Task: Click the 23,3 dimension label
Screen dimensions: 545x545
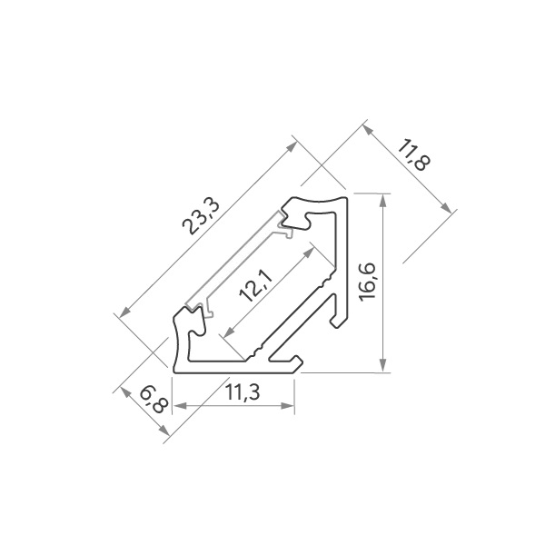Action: click(202, 217)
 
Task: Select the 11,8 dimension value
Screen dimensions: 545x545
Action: click(413, 155)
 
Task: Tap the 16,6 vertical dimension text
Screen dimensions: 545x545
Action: click(367, 282)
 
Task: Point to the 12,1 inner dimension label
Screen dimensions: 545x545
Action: click(256, 286)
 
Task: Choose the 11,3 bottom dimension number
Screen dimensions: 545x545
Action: click(243, 392)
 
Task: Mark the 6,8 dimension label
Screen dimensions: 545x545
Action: click(154, 400)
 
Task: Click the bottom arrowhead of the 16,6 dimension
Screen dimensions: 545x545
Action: click(382, 365)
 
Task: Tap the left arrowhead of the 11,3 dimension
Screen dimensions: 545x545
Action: click(180, 406)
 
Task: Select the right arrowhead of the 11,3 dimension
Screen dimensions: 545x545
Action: click(288, 406)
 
